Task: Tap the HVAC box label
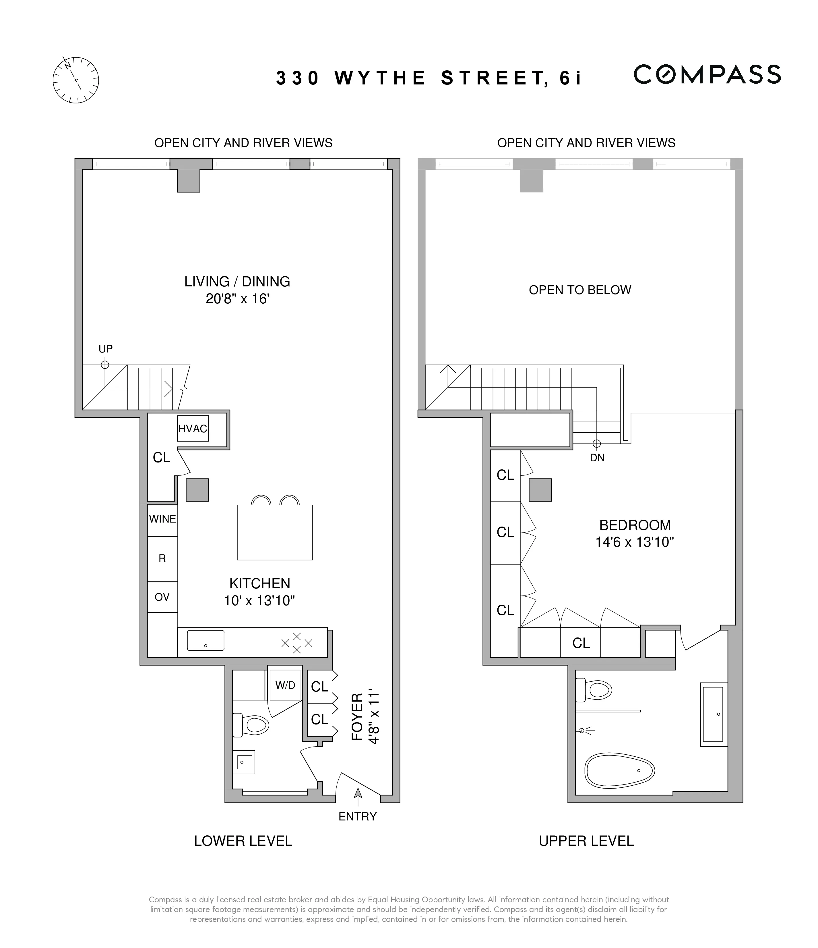193,429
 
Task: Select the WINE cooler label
162,519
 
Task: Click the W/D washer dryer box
285,685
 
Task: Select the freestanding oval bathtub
620,771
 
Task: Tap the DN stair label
597,458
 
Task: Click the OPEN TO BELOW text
580,290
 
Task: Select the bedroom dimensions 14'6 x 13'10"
635,542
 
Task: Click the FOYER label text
357,716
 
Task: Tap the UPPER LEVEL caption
586,841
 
